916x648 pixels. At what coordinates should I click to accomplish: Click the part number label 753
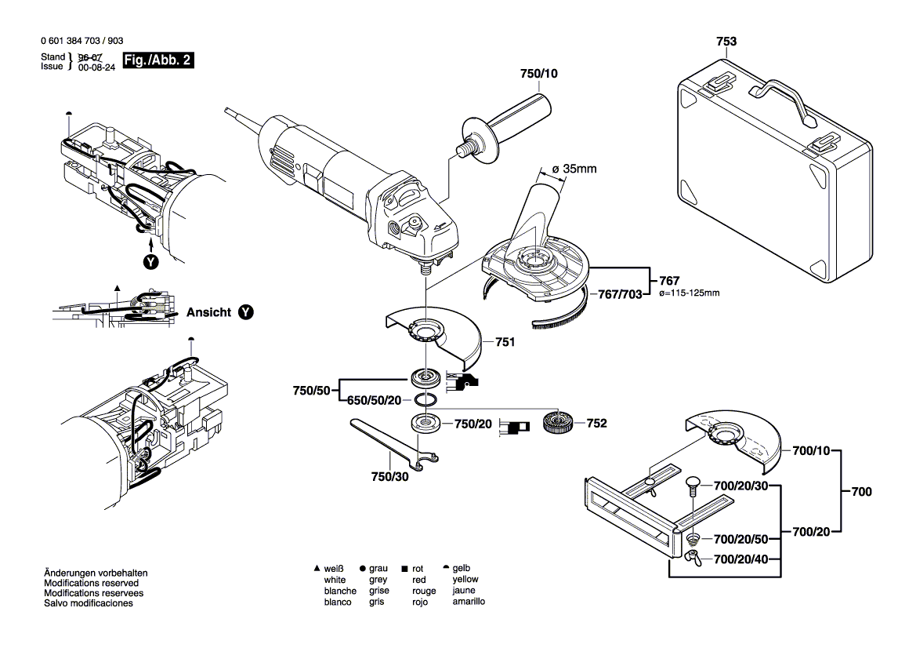click(x=726, y=40)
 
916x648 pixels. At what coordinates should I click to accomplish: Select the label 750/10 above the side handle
click(x=539, y=74)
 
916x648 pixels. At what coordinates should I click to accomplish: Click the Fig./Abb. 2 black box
click(x=157, y=60)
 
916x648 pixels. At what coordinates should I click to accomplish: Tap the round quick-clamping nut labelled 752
click(x=558, y=424)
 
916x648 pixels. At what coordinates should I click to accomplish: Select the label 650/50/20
click(x=374, y=400)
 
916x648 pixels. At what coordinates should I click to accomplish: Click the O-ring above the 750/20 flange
click(x=426, y=399)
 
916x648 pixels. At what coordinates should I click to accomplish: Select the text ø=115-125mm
click(x=689, y=293)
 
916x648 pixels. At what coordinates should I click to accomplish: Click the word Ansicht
click(x=208, y=312)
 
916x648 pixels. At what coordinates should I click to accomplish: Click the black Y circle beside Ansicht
click(x=246, y=312)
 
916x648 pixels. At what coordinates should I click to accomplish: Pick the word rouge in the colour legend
click(x=424, y=591)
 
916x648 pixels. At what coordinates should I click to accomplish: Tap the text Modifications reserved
click(x=91, y=584)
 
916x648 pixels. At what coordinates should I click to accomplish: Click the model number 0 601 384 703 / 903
click(x=81, y=41)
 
